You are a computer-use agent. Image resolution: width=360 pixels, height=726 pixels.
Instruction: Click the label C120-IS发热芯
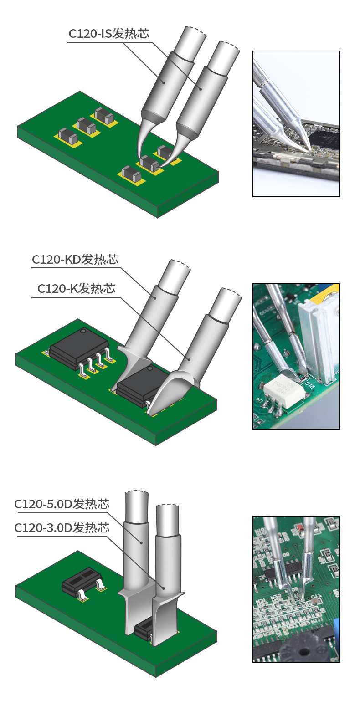(109, 34)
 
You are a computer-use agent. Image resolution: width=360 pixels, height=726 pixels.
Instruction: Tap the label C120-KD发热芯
(75, 259)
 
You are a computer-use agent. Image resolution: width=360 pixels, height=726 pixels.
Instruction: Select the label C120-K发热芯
(77, 288)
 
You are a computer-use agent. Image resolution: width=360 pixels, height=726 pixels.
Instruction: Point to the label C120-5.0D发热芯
(62, 504)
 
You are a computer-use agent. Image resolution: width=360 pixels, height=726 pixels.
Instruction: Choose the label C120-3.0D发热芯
(62, 527)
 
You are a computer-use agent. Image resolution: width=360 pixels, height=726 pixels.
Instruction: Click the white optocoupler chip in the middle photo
(284, 389)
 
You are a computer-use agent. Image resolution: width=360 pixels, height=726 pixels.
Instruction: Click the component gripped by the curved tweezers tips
(149, 163)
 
